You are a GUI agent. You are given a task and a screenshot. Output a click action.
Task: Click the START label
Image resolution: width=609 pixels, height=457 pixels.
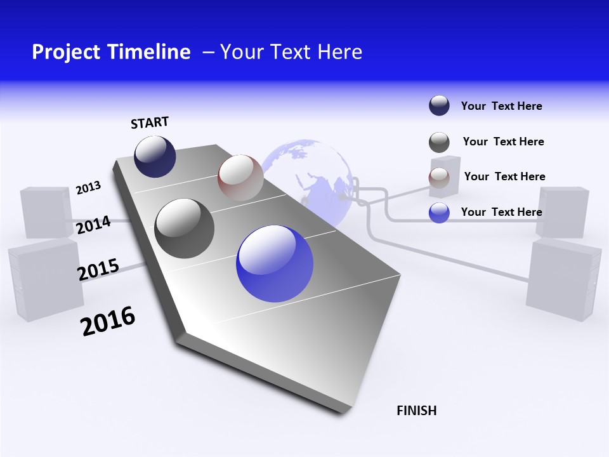tap(150, 123)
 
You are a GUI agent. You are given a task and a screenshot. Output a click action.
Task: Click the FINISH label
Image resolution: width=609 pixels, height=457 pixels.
tap(416, 411)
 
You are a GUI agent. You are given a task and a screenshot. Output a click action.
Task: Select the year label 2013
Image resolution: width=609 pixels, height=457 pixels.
tap(88, 188)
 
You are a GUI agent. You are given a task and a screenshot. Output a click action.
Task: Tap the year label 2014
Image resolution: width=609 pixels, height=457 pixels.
tap(93, 225)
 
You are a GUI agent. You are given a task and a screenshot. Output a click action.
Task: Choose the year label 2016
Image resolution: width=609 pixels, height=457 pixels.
tap(108, 321)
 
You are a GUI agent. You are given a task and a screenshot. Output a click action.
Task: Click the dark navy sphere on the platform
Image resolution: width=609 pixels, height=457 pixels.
tap(155, 156)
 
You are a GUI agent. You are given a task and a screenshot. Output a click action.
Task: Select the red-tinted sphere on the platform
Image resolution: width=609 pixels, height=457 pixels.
tap(240, 178)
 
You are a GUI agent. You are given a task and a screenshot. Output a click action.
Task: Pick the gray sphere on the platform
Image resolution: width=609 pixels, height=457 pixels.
tap(185, 228)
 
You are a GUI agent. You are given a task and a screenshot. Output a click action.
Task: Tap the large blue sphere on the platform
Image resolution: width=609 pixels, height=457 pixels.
tap(275, 263)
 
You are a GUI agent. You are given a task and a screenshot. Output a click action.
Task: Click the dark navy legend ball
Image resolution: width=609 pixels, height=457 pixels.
tap(439, 105)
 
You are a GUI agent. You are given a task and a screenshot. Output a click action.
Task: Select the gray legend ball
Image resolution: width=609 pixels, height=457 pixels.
tap(439, 142)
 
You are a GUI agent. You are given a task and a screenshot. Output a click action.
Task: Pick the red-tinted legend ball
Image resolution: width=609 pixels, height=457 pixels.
tap(439, 177)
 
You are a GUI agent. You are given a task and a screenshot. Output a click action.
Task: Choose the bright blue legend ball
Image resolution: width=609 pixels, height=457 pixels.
tap(439, 213)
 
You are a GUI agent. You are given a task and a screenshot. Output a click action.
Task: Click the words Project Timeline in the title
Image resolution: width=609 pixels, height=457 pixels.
tap(111, 52)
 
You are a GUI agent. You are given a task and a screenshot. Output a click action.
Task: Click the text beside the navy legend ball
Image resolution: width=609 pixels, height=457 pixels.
tap(501, 106)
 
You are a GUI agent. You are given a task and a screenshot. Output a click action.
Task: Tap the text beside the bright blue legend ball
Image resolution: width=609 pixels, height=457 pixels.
tap(501, 212)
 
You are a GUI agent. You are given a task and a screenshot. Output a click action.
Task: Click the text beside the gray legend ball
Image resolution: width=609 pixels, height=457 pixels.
tap(503, 142)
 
